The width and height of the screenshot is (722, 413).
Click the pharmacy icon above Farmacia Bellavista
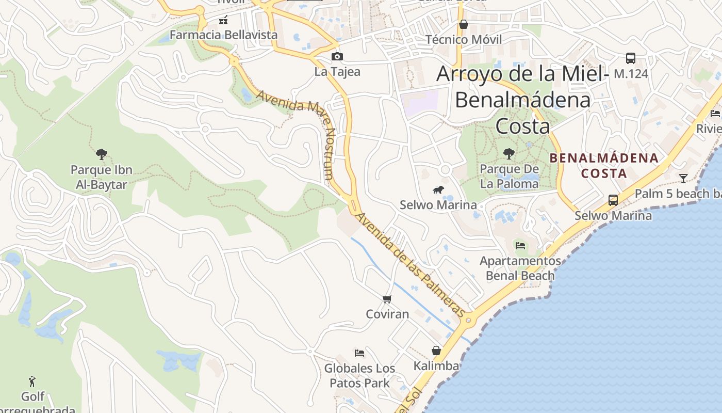pos(223,21)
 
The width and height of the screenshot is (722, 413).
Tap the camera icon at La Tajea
pos(337,56)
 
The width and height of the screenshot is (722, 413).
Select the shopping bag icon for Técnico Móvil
pos(463,24)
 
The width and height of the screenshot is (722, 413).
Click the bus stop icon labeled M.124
pos(630,58)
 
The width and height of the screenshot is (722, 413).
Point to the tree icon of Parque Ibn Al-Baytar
pos(102,154)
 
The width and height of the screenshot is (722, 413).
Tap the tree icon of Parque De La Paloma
pos(509,153)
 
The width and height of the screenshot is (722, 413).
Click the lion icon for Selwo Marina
pos(438,189)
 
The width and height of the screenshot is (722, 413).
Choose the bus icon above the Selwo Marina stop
pos(613,200)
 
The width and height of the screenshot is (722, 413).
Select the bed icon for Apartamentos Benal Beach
pos(520,245)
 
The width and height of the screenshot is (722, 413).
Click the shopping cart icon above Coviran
pos(387,299)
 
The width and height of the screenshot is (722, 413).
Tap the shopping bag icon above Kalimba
pos(436,351)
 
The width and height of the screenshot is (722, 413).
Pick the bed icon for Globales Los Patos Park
pos(359,353)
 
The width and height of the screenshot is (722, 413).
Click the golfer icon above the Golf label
pos(32,382)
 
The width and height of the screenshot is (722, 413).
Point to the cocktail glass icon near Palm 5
pos(683,179)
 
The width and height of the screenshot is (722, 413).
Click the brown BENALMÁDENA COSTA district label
pos(604,165)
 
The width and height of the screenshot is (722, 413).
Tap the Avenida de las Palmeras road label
pos(411,264)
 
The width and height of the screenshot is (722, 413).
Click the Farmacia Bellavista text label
pos(223,35)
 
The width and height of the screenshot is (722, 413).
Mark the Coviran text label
pos(387,314)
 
